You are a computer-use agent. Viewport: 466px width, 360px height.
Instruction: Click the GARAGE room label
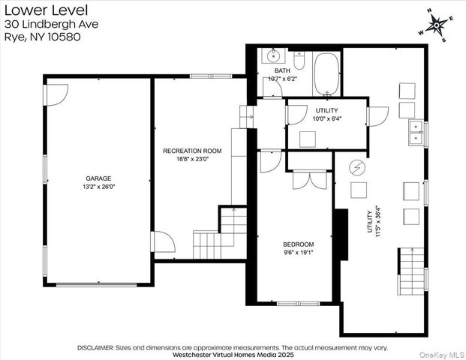tap(98, 178)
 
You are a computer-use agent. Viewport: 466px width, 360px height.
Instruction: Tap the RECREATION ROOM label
tap(192, 151)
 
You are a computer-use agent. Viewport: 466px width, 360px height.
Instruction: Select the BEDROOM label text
tap(299, 244)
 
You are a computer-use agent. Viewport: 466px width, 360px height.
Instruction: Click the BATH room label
tap(282, 70)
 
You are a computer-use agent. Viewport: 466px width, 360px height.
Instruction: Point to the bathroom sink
tap(273, 55)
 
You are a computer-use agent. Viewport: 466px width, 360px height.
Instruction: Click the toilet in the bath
tap(299, 60)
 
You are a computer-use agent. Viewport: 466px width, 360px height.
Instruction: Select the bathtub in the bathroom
tap(326, 73)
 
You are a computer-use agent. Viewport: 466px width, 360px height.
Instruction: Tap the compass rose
tap(436, 25)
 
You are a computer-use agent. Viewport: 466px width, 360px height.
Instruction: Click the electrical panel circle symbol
tap(356, 168)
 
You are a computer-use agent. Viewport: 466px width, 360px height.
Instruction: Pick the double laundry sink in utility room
tap(417, 133)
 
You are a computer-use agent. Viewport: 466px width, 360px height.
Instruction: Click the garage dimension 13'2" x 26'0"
tap(98, 187)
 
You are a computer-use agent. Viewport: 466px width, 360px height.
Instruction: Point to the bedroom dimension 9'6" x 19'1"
tap(299, 253)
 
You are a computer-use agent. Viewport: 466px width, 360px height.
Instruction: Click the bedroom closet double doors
tap(310, 180)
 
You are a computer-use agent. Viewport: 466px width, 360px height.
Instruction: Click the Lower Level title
tap(46, 10)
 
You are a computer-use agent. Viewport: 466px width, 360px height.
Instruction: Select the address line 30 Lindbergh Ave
tap(52, 24)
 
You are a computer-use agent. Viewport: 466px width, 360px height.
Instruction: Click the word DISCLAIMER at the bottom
tap(95, 348)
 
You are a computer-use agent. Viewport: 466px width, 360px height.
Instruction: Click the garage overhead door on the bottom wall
tap(96, 284)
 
